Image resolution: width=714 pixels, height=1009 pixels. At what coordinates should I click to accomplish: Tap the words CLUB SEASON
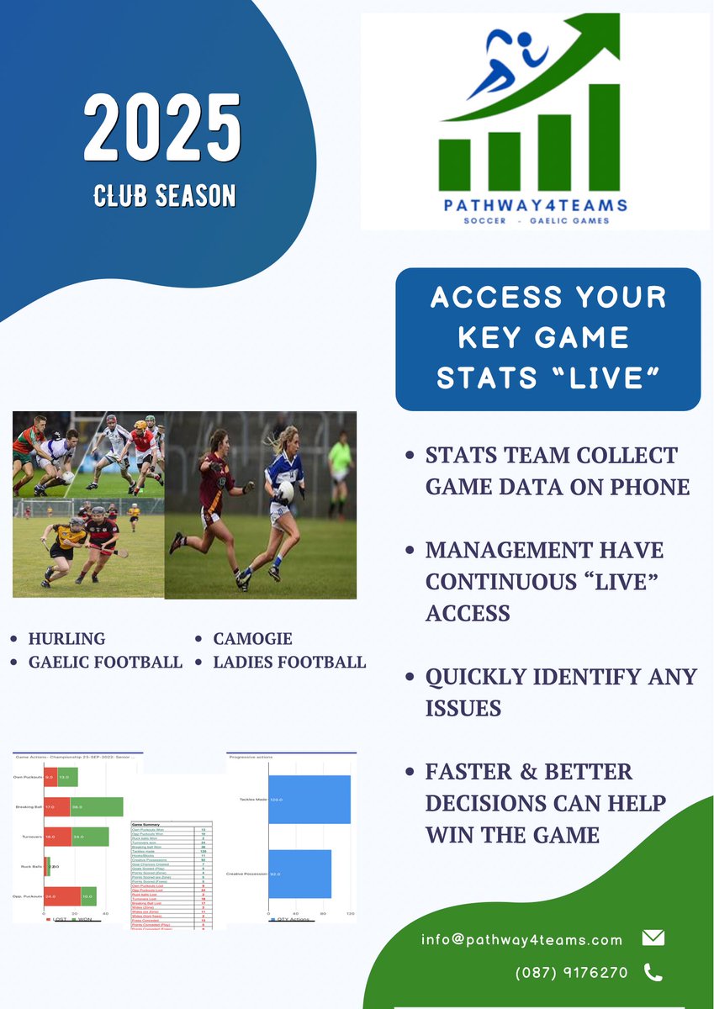click(164, 196)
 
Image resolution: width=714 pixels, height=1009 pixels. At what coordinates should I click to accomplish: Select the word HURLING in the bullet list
click(66, 638)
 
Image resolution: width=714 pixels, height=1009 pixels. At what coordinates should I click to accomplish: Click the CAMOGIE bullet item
click(252, 638)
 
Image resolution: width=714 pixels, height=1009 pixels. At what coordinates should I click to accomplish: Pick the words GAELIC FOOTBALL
click(105, 662)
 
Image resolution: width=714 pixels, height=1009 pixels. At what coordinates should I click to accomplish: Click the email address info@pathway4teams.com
click(522, 939)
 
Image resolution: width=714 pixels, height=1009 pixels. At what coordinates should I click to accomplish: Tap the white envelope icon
click(653, 938)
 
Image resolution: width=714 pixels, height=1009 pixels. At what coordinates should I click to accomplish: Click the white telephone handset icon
click(653, 973)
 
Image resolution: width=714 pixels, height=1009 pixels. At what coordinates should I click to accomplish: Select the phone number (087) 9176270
click(572, 973)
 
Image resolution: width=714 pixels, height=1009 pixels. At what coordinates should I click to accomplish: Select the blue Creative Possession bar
click(299, 874)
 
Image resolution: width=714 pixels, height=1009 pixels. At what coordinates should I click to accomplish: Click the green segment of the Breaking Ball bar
click(97, 806)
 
